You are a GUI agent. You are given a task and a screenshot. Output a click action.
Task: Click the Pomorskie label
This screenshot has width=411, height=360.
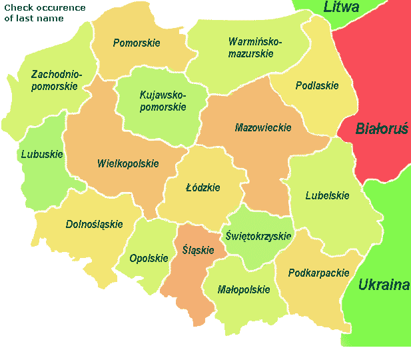coord(137,43)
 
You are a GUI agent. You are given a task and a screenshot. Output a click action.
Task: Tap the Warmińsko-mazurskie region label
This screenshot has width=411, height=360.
coord(255,47)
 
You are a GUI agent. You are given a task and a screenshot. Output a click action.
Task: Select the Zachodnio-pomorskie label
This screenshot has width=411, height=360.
coord(56,80)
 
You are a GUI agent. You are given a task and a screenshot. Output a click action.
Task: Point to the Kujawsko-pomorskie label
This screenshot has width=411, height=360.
coord(163,101)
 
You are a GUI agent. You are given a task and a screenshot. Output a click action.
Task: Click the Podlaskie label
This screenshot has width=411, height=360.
coord(317,85)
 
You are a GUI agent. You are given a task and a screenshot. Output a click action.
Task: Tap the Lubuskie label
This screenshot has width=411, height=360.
coord(41,154)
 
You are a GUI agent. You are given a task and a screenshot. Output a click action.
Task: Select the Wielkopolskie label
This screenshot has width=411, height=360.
coord(128,163)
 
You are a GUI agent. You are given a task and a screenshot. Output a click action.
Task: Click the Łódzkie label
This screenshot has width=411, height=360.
coord(203,188)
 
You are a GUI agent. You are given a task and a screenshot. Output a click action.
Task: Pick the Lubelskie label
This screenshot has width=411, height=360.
coord(327,196)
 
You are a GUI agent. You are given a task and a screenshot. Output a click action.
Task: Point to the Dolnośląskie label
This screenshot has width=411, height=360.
coord(94,224)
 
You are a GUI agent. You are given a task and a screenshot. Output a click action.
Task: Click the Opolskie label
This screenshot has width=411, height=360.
coord(149,259)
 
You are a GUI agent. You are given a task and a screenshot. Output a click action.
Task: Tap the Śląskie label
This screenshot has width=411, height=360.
coord(198,250)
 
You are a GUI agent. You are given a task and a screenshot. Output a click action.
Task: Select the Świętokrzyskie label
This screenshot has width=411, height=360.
coord(258,236)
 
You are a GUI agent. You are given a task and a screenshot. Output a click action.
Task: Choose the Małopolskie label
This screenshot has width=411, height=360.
coord(244,289)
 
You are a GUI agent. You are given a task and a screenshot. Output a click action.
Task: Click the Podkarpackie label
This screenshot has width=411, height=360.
coord(319,273)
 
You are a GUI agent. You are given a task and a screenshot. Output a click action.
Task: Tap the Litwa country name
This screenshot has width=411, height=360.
coord(341,7)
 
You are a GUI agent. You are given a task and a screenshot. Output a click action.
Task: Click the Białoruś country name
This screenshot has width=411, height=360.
coord(381,129)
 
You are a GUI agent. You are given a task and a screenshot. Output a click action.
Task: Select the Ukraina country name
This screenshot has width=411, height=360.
coord(384,285)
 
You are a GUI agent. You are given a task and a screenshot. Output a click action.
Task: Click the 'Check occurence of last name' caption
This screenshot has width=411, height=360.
coord(45,13)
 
